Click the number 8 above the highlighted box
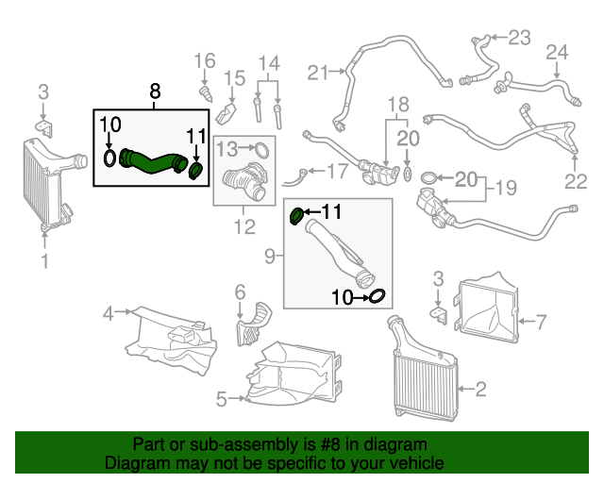click(156, 92)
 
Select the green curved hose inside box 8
click(151, 161)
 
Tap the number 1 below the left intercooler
click(43, 258)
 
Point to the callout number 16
click(205, 62)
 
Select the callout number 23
click(520, 38)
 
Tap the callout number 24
click(557, 51)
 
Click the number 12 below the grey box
click(244, 226)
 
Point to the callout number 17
click(336, 172)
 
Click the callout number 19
click(506, 188)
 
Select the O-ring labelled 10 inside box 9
click(375, 297)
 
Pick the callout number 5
click(221, 399)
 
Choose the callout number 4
click(108, 312)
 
